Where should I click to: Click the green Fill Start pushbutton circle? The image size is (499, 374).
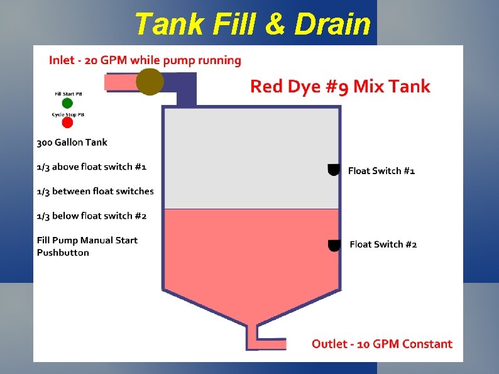[x=67, y=103]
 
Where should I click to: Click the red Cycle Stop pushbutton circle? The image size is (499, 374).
[x=67, y=123]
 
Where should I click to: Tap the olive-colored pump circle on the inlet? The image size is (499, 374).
[x=150, y=82]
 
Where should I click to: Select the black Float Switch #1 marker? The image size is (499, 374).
[x=334, y=170]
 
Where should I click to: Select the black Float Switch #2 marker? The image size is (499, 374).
[x=336, y=244]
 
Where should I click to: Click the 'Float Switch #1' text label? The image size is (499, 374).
[x=381, y=170]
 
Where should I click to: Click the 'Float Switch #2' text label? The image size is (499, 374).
[x=383, y=245]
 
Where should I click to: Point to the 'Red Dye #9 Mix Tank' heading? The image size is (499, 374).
[x=340, y=87]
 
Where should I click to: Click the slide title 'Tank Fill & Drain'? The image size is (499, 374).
[x=253, y=25]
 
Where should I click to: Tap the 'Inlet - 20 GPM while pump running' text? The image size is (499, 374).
[x=145, y=61]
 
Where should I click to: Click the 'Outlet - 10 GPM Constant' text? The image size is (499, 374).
[x=382, y=344]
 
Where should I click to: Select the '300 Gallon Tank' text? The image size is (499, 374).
[x=72, y=142]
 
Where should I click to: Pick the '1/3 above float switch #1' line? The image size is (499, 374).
[x=92, y=167]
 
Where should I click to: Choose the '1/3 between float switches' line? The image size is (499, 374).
[x=95, y=191]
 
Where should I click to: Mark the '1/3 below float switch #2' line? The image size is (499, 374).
[x=92, y=216]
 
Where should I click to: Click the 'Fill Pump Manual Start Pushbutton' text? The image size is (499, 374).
[x=87, y=246]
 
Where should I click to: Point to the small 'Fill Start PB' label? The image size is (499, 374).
[x=67, y=94]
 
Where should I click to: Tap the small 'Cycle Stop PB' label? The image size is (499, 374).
[x=68, y=114]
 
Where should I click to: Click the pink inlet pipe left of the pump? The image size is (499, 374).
[x=120, y=82]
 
